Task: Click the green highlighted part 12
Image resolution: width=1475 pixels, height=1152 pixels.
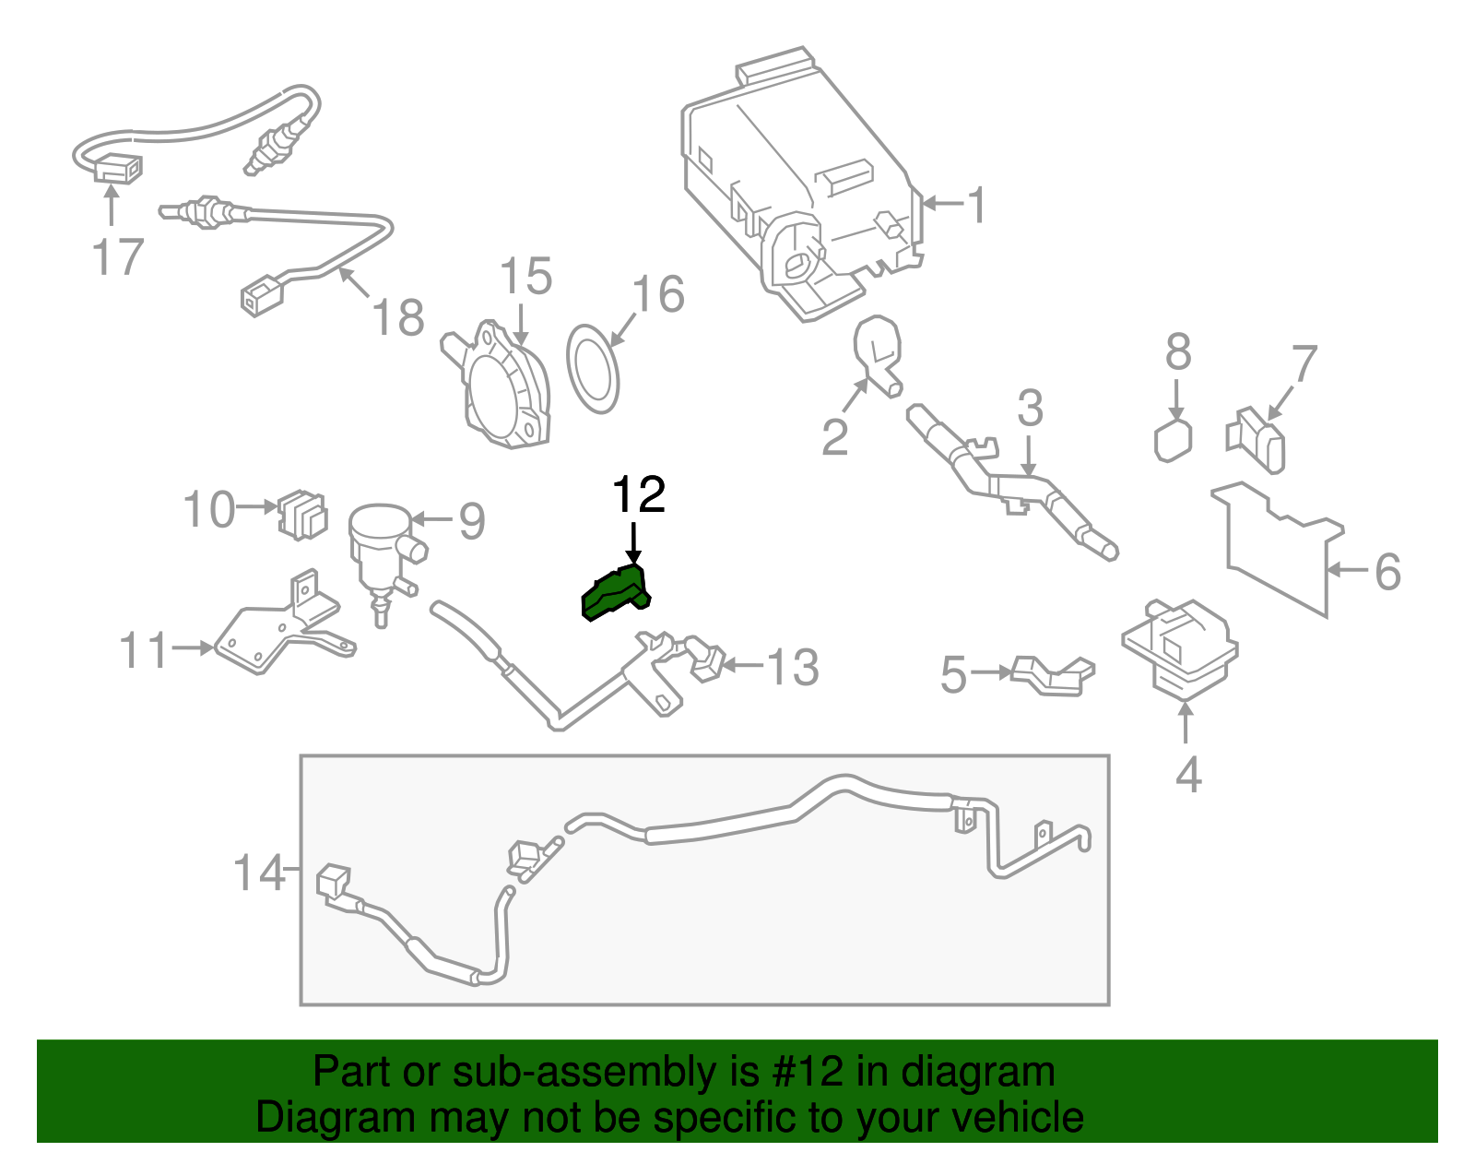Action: pyautogui.click(x=616, y=592)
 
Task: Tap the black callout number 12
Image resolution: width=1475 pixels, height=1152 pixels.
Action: pyautogui.click(x=639, y=495)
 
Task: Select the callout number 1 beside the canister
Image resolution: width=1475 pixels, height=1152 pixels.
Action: pyautogui.click(x=976, y=204)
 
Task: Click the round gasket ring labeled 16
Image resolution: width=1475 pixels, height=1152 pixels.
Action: pyautogui.click(x=592, y=368)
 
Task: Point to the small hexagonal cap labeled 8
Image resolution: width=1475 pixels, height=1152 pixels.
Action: pyautogui.click(x=1173, y=440)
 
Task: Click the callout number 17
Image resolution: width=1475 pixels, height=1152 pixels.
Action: pyautogui.click(x=119, y=256)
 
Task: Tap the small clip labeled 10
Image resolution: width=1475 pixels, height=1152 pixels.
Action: pyautogui.click(x=302, y=515)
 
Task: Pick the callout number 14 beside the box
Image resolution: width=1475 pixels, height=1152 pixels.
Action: pyautogui.click(x=259, y=872)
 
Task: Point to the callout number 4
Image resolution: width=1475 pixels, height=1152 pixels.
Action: pyautogui.click(x=1188, y=774)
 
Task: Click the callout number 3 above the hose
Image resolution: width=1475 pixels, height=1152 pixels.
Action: pyautogui.click(x=1030, y=407)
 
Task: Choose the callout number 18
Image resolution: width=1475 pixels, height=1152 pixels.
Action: pyautogui.click(x=398, y=317)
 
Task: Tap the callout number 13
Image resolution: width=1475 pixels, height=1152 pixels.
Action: pyautogui.click(x=793, y=666)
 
